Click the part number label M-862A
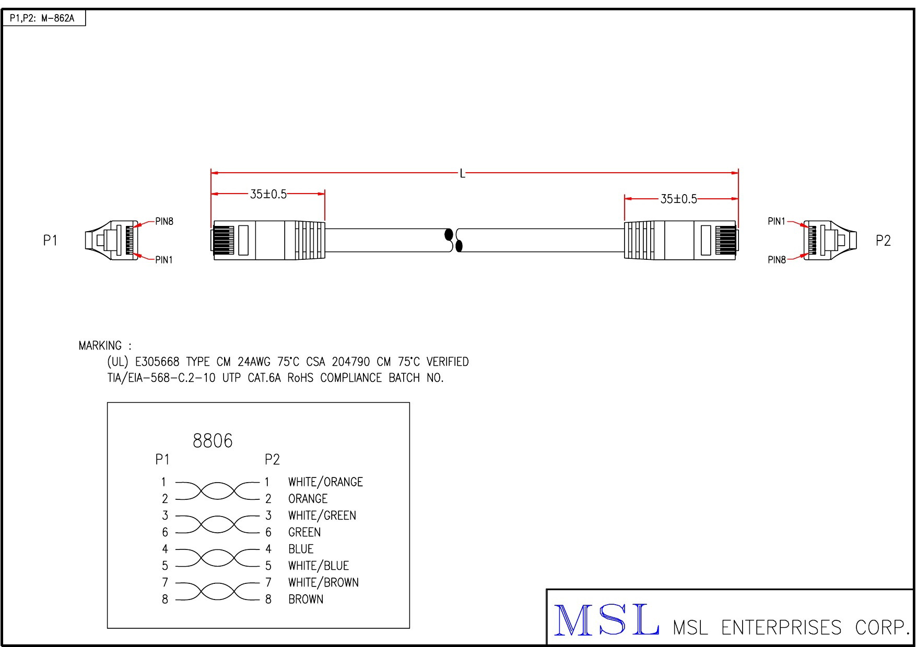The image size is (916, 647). coord(57,19)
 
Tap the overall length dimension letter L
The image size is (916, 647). coord(462,174)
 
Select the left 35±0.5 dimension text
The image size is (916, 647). coord(268,194)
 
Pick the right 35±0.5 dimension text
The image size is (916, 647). coord(679,199)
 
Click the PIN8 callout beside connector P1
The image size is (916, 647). coord(164,221)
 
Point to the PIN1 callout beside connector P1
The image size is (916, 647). coord(164,260)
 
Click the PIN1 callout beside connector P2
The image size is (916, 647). coord(777,221)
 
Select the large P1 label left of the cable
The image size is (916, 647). coord(50,241)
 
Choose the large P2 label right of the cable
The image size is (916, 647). coord(883,241)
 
